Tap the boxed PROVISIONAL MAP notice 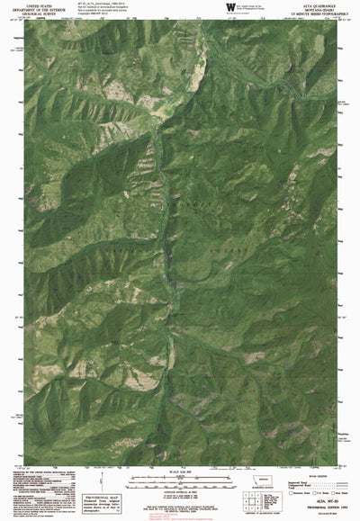point(100,501)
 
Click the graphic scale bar point(181,481)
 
